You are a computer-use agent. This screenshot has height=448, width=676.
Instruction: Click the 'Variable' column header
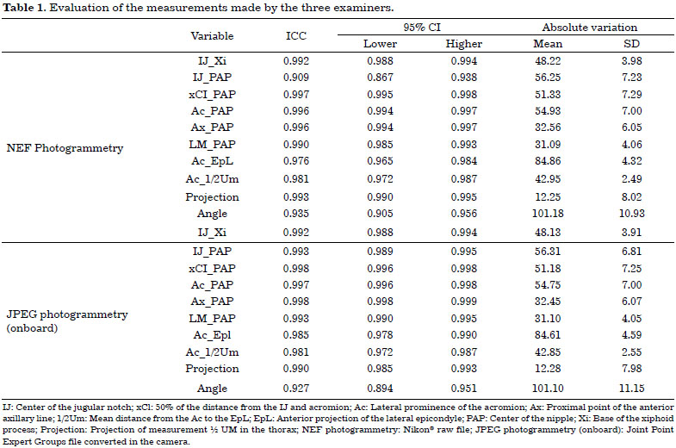(212, 36)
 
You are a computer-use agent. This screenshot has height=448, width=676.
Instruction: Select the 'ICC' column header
(296, 36)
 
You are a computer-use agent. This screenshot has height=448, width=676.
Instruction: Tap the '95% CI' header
(422, 28)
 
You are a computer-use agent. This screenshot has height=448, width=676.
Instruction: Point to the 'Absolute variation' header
(589, 28)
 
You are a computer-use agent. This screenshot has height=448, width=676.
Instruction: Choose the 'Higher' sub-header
(464, 44)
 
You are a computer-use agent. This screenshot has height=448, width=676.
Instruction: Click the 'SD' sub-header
(631, 44)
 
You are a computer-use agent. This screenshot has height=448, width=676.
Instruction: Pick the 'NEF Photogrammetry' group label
(65, 148)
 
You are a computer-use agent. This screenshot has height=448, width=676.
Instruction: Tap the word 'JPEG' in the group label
(19, 314)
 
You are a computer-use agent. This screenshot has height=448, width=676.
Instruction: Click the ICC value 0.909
(296, 78)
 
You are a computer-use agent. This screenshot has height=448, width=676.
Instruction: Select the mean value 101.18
(548, 214)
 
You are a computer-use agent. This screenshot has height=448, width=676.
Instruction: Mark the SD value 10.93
(631, 214)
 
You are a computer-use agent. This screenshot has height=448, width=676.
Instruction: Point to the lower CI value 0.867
(380, 78)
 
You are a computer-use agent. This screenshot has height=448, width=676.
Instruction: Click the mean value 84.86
(548, 161)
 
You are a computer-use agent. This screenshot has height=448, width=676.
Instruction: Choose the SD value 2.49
(631, 179)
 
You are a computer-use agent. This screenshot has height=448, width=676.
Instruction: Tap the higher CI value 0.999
(464, 302)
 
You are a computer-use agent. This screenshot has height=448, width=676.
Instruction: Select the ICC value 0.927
(296, 388)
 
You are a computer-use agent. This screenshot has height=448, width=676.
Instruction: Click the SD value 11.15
(631, 388)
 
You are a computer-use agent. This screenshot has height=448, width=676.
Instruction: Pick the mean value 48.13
(548, 233)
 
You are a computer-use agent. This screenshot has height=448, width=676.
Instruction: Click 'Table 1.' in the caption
(25, 8)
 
